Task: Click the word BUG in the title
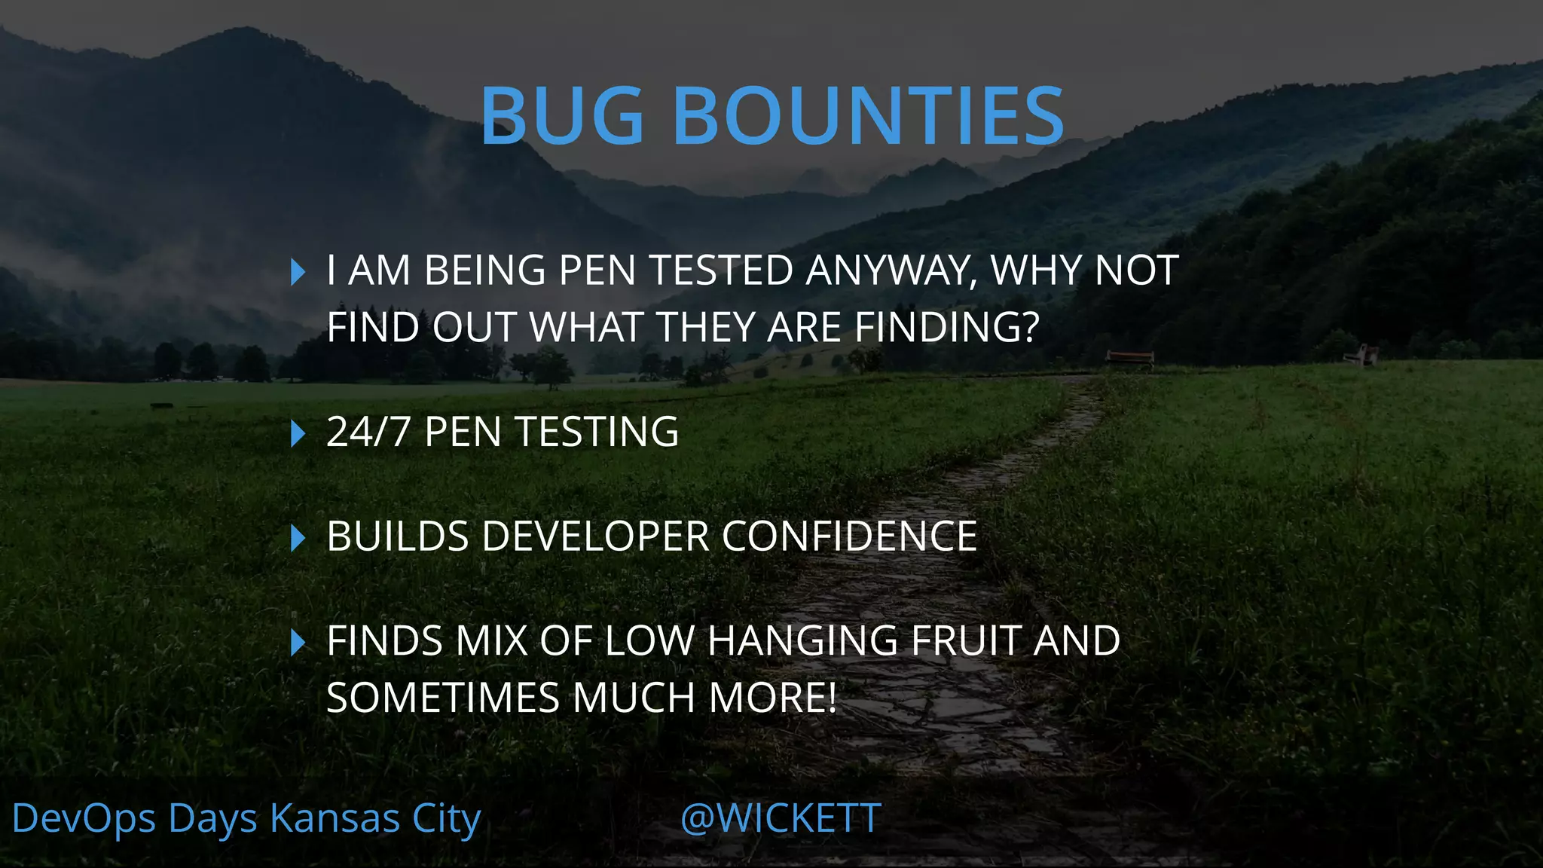click(x=562, y=116)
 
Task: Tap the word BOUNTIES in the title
click(x=868, y=116)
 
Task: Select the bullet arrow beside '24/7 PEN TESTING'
click(x=298, y=433)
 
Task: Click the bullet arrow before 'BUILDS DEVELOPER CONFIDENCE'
click(x=298, y=538)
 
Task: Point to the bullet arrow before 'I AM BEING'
click(x=298, y=272)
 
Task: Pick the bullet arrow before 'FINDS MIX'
click(x=298, y=642)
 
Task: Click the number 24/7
click(x=368, y=432)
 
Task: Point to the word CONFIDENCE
click(x=849, y=536)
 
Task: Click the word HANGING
click(x=802, y=641)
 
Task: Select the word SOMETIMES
click(x=443, y=698)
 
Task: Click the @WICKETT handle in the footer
click(x=781, y=818)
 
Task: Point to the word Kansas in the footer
click(x=335, y=818)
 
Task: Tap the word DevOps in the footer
click(x=84, y=818)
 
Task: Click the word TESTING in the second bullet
click(x=596, y=432)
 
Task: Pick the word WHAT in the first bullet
click(x=585, y=328)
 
